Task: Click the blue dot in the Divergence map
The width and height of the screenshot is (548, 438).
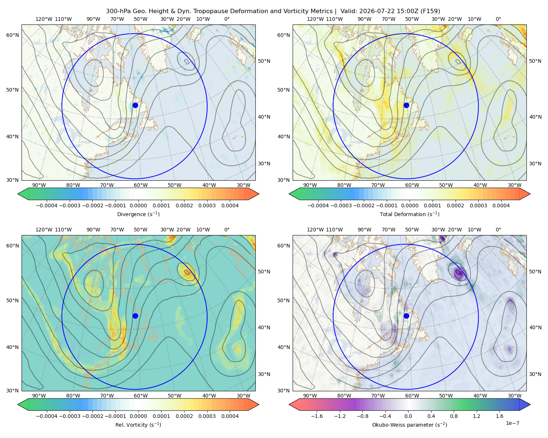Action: click(135, 105)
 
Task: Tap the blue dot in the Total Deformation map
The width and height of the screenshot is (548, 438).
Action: click(406, 105)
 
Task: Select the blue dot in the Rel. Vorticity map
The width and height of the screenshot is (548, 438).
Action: click(135, 316)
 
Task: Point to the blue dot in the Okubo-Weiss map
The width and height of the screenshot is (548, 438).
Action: click(406, 316)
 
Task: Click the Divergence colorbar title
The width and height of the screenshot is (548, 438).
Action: click(138, 214)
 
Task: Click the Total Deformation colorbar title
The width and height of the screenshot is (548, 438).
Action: click(410, 214)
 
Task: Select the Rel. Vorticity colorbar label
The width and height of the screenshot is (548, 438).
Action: click(138, 424)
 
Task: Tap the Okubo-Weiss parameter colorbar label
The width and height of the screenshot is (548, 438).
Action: click(410, 424)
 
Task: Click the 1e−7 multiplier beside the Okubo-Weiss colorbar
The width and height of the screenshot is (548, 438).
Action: click(512, 423)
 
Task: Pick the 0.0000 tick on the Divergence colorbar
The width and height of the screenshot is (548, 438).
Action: click(138, 205)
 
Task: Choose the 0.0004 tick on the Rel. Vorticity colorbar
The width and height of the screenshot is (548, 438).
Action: click(230, 416)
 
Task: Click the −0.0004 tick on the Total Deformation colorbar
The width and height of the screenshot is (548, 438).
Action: click(318, 205)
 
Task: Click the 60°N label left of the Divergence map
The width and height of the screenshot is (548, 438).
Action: click(12, 35)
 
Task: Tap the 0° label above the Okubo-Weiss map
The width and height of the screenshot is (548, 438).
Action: click(498, 229)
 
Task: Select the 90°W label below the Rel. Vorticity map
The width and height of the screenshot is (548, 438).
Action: click(39, 396)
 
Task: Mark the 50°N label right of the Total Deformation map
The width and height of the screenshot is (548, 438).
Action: click(535, 61)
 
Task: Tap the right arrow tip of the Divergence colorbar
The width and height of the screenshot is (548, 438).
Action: click(259, 194)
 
